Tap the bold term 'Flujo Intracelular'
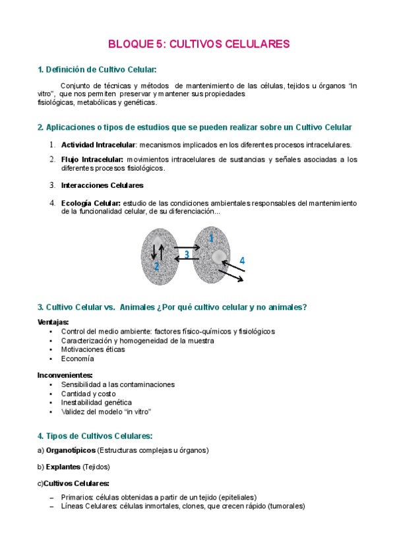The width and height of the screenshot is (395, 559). coord(92,159)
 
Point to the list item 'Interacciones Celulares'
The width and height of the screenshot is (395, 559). coord(102,185)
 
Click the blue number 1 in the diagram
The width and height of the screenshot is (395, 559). coord(210,237)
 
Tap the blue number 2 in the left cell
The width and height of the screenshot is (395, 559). coord(156,266)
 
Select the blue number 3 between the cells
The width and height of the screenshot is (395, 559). coord(187,254)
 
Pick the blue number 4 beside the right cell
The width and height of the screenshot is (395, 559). coord(242,260)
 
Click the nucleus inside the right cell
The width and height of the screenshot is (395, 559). coord(218,256)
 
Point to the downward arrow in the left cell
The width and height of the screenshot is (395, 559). coord(154,250)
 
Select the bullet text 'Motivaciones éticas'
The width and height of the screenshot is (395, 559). coord(93,349)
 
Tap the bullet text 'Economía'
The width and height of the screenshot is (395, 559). coord(77,359)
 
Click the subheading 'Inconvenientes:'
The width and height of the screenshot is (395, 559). coord(65,374)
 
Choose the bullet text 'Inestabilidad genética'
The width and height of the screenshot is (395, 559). coord(96,402)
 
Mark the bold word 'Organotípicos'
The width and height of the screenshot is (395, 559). coord(70,450)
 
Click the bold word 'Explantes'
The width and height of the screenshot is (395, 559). coord(63,467)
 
